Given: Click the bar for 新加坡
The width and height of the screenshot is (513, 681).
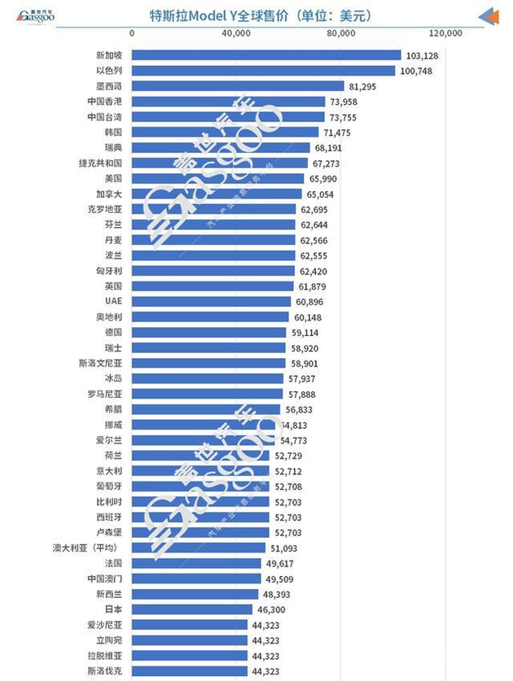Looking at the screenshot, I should pyautogui.click(x=266, y=55).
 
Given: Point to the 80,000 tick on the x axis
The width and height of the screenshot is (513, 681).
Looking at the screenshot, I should pyautogui.click(x=340, y=33).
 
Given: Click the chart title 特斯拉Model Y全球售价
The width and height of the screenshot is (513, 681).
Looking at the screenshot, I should pyautogui.click(x=256, y=14).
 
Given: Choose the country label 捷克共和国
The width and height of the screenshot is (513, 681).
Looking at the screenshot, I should pyautogui.click(x=100, y=163).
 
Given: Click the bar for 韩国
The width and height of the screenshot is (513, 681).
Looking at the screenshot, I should pyautogui.click(x=225, y=132).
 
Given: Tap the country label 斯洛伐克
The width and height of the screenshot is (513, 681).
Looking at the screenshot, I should pyautogui.click(x=105, y=671).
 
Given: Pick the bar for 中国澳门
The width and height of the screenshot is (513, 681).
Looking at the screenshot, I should pyautogui.click(x=196, y=579).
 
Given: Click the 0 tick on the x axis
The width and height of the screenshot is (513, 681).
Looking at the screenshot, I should pyautogui.click(x=132, y=33).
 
